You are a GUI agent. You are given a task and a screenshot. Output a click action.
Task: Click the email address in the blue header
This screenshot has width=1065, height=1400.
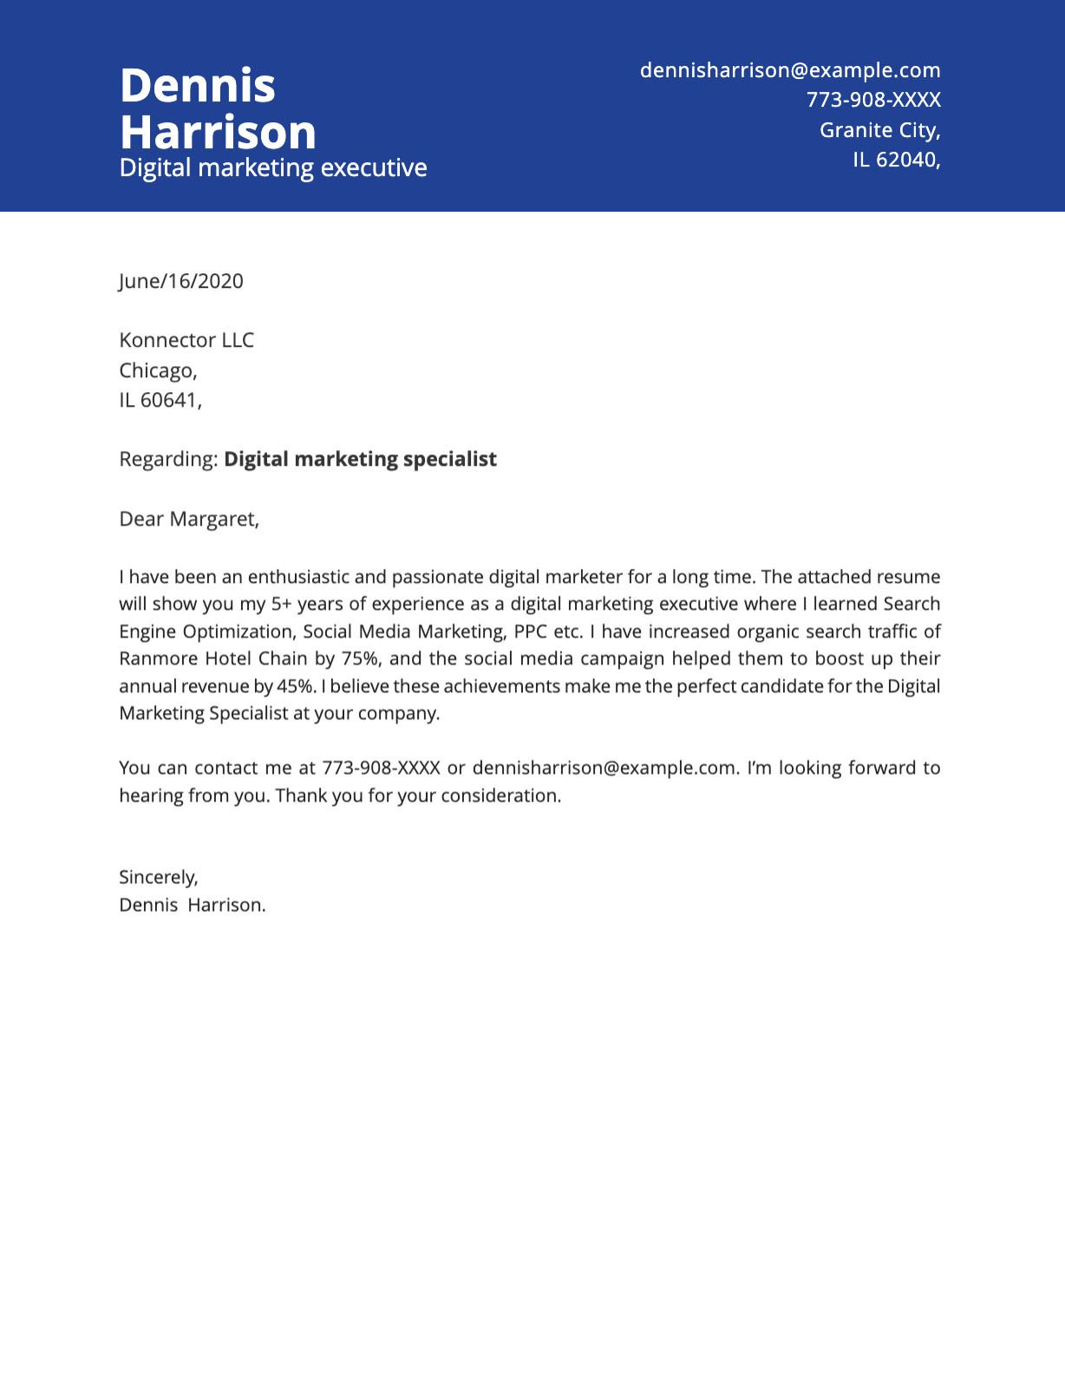[x=789, y=70]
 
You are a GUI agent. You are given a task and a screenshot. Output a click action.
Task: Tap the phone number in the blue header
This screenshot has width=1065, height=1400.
[x=873, y=100]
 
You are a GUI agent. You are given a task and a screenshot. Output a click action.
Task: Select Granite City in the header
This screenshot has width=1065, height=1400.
[x=879, y=130]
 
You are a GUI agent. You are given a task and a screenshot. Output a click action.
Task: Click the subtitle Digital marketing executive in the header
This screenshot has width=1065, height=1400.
[x=273, y=167]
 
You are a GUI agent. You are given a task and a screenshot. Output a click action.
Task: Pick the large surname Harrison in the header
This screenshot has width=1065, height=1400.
[x=218, y=133]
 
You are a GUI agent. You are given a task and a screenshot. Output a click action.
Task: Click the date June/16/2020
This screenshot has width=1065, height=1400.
[x=181, y=281]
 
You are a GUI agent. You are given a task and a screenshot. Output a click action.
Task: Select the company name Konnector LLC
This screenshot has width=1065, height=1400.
[x=186, y=340]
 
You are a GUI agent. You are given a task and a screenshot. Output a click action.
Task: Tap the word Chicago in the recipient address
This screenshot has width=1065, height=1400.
[x=157, y=370]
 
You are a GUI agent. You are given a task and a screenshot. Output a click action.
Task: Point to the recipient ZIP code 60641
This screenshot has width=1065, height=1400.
[x=169, y=400]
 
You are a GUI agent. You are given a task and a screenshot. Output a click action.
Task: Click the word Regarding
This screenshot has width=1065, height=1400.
[x=167, y=459]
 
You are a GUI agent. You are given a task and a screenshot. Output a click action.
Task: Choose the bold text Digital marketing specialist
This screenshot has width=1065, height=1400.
[x=360, y=459]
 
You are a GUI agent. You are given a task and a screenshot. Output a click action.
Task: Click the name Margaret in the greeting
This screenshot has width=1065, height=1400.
[x=213, y=519]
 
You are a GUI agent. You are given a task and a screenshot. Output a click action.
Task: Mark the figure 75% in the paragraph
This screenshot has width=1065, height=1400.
[x=359, y=658]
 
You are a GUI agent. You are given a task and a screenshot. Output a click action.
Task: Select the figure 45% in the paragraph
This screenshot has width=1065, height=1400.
[x=295, y=686]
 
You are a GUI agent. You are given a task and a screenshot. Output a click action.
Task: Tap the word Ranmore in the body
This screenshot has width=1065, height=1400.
[x=158, y=658]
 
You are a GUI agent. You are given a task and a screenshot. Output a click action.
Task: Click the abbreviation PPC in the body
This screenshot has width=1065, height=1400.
[x=530, y=631]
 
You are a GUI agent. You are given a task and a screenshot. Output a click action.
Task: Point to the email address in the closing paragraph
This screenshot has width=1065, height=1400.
[x=604, y=768]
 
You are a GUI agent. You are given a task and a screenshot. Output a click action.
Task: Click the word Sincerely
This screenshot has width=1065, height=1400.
[x=158, y=877]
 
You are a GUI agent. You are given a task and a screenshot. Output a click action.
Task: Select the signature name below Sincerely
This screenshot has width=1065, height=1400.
[x=192, y=905]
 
